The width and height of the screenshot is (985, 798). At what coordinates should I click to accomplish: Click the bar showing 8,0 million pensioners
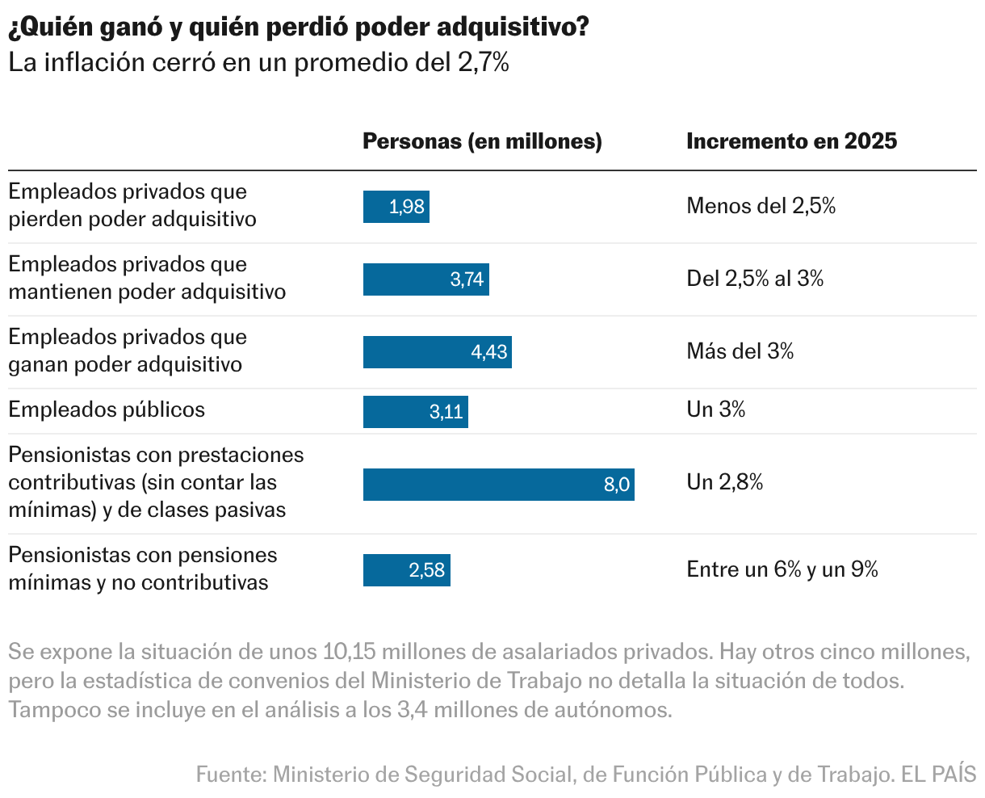(498, 485)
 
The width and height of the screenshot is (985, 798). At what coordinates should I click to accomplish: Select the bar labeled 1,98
(396, 207)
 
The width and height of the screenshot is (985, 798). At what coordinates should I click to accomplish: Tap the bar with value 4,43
(437, 352)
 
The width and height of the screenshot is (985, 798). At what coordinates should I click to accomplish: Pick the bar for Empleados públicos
(415, 412)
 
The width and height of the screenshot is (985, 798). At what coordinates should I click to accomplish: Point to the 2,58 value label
(427, 570)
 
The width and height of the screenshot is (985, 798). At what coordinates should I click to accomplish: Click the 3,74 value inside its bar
(467, 279)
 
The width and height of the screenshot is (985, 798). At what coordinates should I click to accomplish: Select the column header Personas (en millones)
(482, 141)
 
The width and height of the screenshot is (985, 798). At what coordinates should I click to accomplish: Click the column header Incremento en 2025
(791, 141)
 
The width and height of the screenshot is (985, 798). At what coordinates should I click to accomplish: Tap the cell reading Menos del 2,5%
(761, 206)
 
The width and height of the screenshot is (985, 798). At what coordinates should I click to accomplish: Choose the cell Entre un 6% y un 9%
(782, 569)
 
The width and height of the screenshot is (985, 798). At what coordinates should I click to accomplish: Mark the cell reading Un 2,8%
(724, 482)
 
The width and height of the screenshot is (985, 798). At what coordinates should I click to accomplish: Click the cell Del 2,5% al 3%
(755, 279)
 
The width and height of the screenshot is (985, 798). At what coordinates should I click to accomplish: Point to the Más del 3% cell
(740, 351)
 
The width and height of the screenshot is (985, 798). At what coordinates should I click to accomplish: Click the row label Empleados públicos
(107, 409)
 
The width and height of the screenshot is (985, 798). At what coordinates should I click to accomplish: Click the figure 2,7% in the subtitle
(483, 63)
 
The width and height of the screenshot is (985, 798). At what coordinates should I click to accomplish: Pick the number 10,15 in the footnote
(349, 652)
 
